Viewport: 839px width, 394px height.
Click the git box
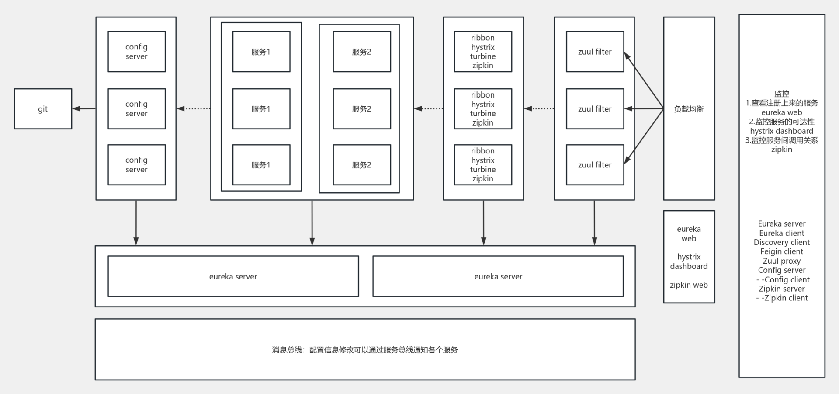[43, 109]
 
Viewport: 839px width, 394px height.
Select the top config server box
[136, 52]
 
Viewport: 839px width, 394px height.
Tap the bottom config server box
[136, 165]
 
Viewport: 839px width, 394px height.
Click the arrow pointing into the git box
[83, 108]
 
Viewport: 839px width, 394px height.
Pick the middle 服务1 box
[261, 109]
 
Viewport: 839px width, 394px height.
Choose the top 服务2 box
[361, 52]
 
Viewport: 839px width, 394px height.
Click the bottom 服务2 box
[361, 165]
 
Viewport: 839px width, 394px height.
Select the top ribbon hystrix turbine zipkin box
[483, 52]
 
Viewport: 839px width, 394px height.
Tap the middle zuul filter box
[595, 109]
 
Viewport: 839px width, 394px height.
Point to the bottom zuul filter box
[595, 165]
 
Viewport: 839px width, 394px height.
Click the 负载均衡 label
[689, 109]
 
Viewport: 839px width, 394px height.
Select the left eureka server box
[233, 276]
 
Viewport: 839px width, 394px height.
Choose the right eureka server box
[498, 276]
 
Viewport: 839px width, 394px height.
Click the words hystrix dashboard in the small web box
[689, 262]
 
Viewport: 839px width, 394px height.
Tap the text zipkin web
[689, 285]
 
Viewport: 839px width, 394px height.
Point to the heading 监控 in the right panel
[782, 94]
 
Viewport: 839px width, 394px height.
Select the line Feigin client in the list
[782, 251]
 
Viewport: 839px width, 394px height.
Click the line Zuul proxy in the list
[782, 261]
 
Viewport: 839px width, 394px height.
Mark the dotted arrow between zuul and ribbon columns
[539, 108]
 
